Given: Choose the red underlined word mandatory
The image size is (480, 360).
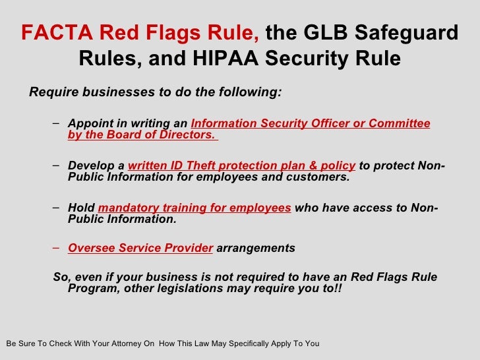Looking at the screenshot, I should tap(125, 208).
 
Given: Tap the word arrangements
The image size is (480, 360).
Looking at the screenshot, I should tap(256, 249).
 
